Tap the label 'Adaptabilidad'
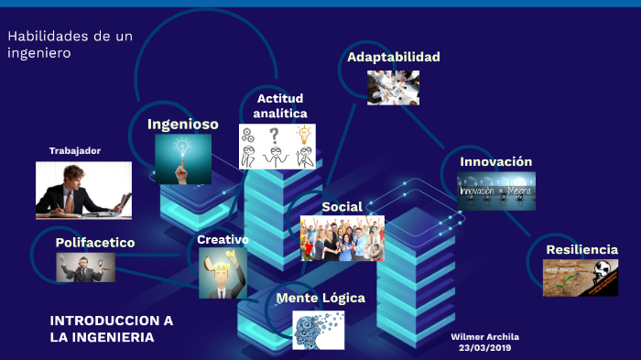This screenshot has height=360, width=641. (393, 57)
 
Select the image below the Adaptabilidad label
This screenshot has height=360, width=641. (393, 88)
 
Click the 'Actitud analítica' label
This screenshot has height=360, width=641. (279, 105)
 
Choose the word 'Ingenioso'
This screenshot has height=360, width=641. (183, 124)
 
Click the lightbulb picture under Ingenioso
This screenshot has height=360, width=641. (183, 159)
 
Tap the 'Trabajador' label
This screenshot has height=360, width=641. (75, 150)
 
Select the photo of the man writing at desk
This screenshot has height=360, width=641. (83, 190)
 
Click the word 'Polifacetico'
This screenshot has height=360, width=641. (95, 243)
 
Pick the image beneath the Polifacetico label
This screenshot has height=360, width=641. (85, 267)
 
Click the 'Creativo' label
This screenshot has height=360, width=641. (223, 239)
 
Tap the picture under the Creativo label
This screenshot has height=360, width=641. (223, 273)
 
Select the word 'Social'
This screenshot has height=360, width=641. (342, 207)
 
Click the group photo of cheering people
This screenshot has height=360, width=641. (342, 238)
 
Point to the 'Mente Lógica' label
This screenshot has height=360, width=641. (320, 298)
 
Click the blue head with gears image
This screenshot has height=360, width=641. (318, 330)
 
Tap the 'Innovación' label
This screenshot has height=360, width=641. (495, 161)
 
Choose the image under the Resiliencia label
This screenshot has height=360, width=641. (580, 278)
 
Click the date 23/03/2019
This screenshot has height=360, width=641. (484, 347)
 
